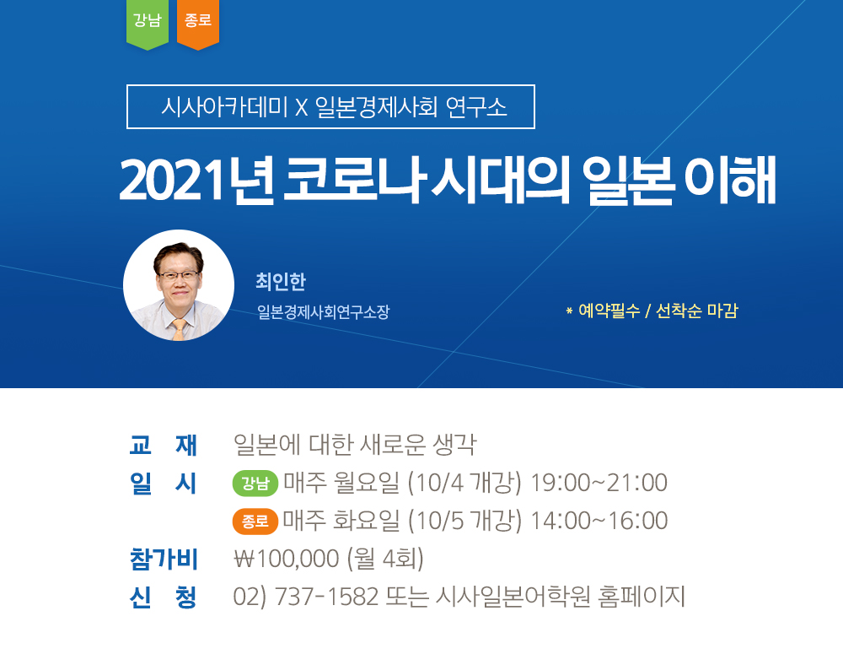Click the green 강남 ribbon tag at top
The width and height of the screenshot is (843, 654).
pos(147,24)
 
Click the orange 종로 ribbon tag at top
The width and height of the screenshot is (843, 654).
pos(198,24)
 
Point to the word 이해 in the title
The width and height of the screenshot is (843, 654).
pos(730,179)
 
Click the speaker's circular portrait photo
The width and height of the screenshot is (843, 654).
pos(179,285)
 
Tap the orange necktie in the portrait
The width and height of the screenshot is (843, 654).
pos(179,329)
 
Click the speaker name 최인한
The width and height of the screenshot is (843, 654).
pos(281,282)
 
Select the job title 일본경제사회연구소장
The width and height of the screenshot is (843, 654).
pos(323,311)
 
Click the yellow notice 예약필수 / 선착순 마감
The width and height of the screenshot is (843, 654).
pos(652,311)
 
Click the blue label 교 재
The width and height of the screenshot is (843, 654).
pos(164,446)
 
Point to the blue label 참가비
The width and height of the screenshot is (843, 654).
pos(164,559)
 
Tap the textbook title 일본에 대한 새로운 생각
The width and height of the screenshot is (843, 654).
pos(355,445)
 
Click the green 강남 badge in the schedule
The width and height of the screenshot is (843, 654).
pos(255,483)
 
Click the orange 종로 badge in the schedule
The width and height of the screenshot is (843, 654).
pos(255,521)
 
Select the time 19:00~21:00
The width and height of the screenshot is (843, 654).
pos(599,483)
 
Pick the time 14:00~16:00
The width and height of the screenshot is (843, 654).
pos(599,521)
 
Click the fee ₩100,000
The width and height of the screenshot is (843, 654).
pos(287,559)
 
